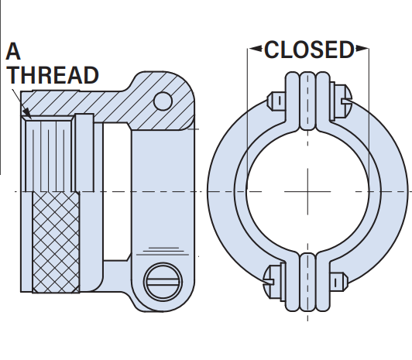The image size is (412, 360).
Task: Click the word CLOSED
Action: tap(309, 50)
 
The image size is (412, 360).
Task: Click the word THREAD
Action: tap(53, 75)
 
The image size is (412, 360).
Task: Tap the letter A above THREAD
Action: tap(13, 51)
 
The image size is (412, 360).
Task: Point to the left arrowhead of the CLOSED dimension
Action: tap(255, 48)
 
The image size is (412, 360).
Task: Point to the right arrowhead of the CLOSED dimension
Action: tap(362, 48)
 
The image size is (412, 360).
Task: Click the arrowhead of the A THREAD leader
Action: tap(28, 114)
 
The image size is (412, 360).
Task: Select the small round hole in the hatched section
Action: tap(163, 101)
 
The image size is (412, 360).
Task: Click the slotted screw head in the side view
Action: tap(163, 281)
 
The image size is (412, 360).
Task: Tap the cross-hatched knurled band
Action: tap(56, 242)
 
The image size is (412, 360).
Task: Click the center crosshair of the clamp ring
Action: tap(307, 191)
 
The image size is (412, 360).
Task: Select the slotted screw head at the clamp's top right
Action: tap(342, 101)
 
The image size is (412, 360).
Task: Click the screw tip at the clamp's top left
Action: tap(276, 101)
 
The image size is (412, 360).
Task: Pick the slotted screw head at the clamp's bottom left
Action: tap(274, 281)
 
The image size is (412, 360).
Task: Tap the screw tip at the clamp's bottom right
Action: tap(339, 282)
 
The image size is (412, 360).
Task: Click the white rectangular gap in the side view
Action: tap(117, 191)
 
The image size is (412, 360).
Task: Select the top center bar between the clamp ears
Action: tap(307, 101)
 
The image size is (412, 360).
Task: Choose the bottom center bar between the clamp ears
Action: tap(307, 283)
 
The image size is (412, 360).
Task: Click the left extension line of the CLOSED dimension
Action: tap(247, 119)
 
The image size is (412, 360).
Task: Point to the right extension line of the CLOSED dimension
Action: tap(369, 119)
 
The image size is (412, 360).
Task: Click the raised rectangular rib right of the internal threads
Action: tap(84, 153)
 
